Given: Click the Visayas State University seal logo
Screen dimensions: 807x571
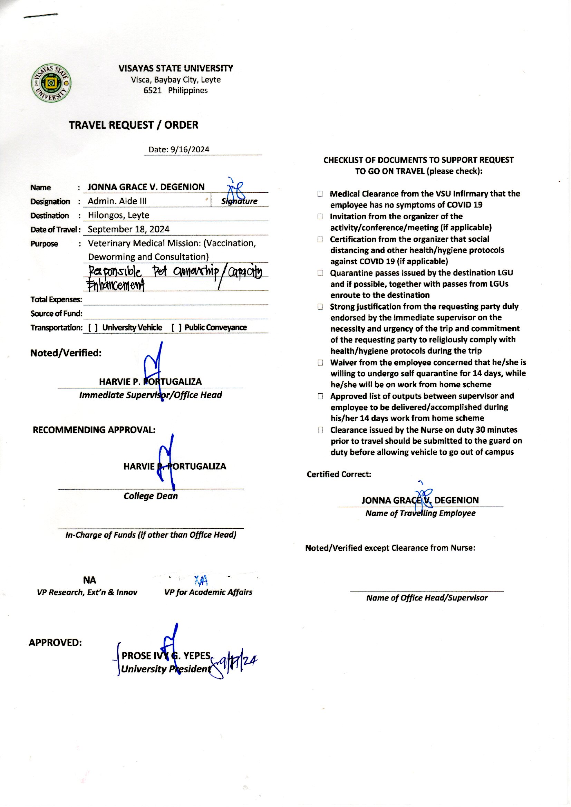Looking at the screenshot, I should pyautogui.click(x=51, y=83).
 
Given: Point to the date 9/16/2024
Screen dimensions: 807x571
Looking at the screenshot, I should pyautogui.click(x=190, y=150).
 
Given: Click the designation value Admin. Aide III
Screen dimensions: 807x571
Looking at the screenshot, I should pyautogui.click(x=117, y=201).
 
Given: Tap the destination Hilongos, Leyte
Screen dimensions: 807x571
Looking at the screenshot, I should pyautogui.click(x=118, y=215).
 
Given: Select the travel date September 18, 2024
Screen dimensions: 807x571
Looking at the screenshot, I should pyautogui.click(x=128, y=229).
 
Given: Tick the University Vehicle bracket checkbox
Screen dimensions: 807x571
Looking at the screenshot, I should pyautogui.click(x=93, y=328).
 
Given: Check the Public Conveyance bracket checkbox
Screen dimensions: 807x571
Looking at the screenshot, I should pyautogui.click(x=176, y=328).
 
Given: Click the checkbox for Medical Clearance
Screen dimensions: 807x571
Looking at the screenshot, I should pyautogui.click(x=320, y=194).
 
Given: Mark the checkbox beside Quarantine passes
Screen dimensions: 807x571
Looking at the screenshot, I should pyautogui.click(x=320, y=273).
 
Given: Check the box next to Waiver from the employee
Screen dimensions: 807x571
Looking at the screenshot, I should pyautogui.click(x=320, y=363).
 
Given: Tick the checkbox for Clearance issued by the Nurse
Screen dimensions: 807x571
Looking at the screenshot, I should pyautogui.click(x=320, y=430).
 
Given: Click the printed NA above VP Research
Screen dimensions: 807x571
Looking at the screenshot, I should pyautogui.click(x=89, y=580).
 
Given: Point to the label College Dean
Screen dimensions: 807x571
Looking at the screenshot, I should pyautogui.click(x=151, y=496).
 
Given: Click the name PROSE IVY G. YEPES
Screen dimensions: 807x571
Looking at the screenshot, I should pyautogui.click(x=166, y=656).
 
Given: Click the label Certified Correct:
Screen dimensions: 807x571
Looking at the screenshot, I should pyautogui.click(x=339, y=474).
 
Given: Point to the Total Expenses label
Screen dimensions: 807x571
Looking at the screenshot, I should pyautogui.click(x=56, y=300).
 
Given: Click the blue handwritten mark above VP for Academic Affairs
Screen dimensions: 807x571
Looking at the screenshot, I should pyautogui.click(x=201, y=580).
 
